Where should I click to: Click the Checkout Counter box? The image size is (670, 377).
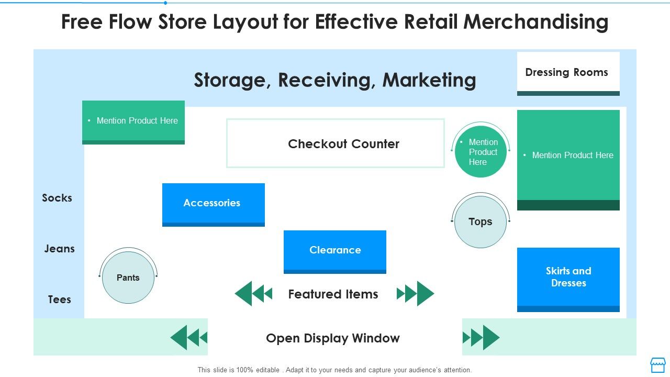(x=335, y=143)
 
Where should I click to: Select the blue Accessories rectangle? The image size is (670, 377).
(x=213, y=204)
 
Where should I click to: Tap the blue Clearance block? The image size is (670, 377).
(x=334, y=251)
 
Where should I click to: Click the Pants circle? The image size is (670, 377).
(x=128, y=278)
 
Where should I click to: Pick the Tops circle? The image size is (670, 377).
(x=480, y=221)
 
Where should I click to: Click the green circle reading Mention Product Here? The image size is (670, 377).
(x=480, y=152)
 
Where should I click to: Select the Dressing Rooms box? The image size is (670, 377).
(x=568, y=73)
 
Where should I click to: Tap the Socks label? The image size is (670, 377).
(x=57, y=198)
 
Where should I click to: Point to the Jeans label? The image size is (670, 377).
(x=59, y=249)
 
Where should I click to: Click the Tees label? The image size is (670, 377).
(x=59, y=300)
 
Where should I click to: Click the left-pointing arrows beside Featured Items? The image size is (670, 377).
(x=253, y=294)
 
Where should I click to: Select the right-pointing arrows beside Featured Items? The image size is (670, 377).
(x=416, y=294)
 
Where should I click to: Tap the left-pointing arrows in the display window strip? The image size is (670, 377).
(x=189, y=338)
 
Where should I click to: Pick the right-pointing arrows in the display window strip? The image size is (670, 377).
(x=481, y=338)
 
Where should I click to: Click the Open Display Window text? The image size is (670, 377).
(x=332, y=338)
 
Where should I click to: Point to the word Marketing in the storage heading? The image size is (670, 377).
(x=429, y=80)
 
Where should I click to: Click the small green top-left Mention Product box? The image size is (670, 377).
(x=133, y=121)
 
